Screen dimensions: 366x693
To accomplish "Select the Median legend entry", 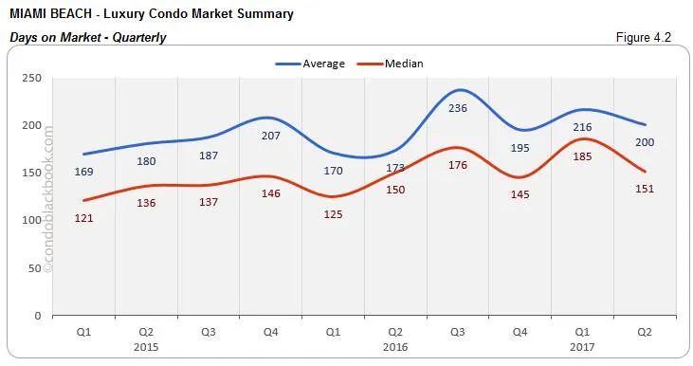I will tap(404, 64).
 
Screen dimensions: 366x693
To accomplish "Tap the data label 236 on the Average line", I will tap(458, 108).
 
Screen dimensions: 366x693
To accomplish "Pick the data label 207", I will tap(272, 136).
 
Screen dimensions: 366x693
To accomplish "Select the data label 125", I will tap(334, 214).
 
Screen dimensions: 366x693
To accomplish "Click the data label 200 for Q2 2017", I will tap(644, 142).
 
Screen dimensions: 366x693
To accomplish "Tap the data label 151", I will tap(644, 189).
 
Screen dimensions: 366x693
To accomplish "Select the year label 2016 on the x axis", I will tap(396, 347).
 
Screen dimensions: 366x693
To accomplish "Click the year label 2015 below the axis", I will tap(147, 347).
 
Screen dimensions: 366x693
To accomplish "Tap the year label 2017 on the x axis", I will tap(582, 347).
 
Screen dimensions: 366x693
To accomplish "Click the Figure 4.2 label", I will tap(645, 38).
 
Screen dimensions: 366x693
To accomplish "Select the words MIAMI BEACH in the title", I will tap(46, 14).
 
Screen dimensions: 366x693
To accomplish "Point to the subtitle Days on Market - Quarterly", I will tap(87, 38).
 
